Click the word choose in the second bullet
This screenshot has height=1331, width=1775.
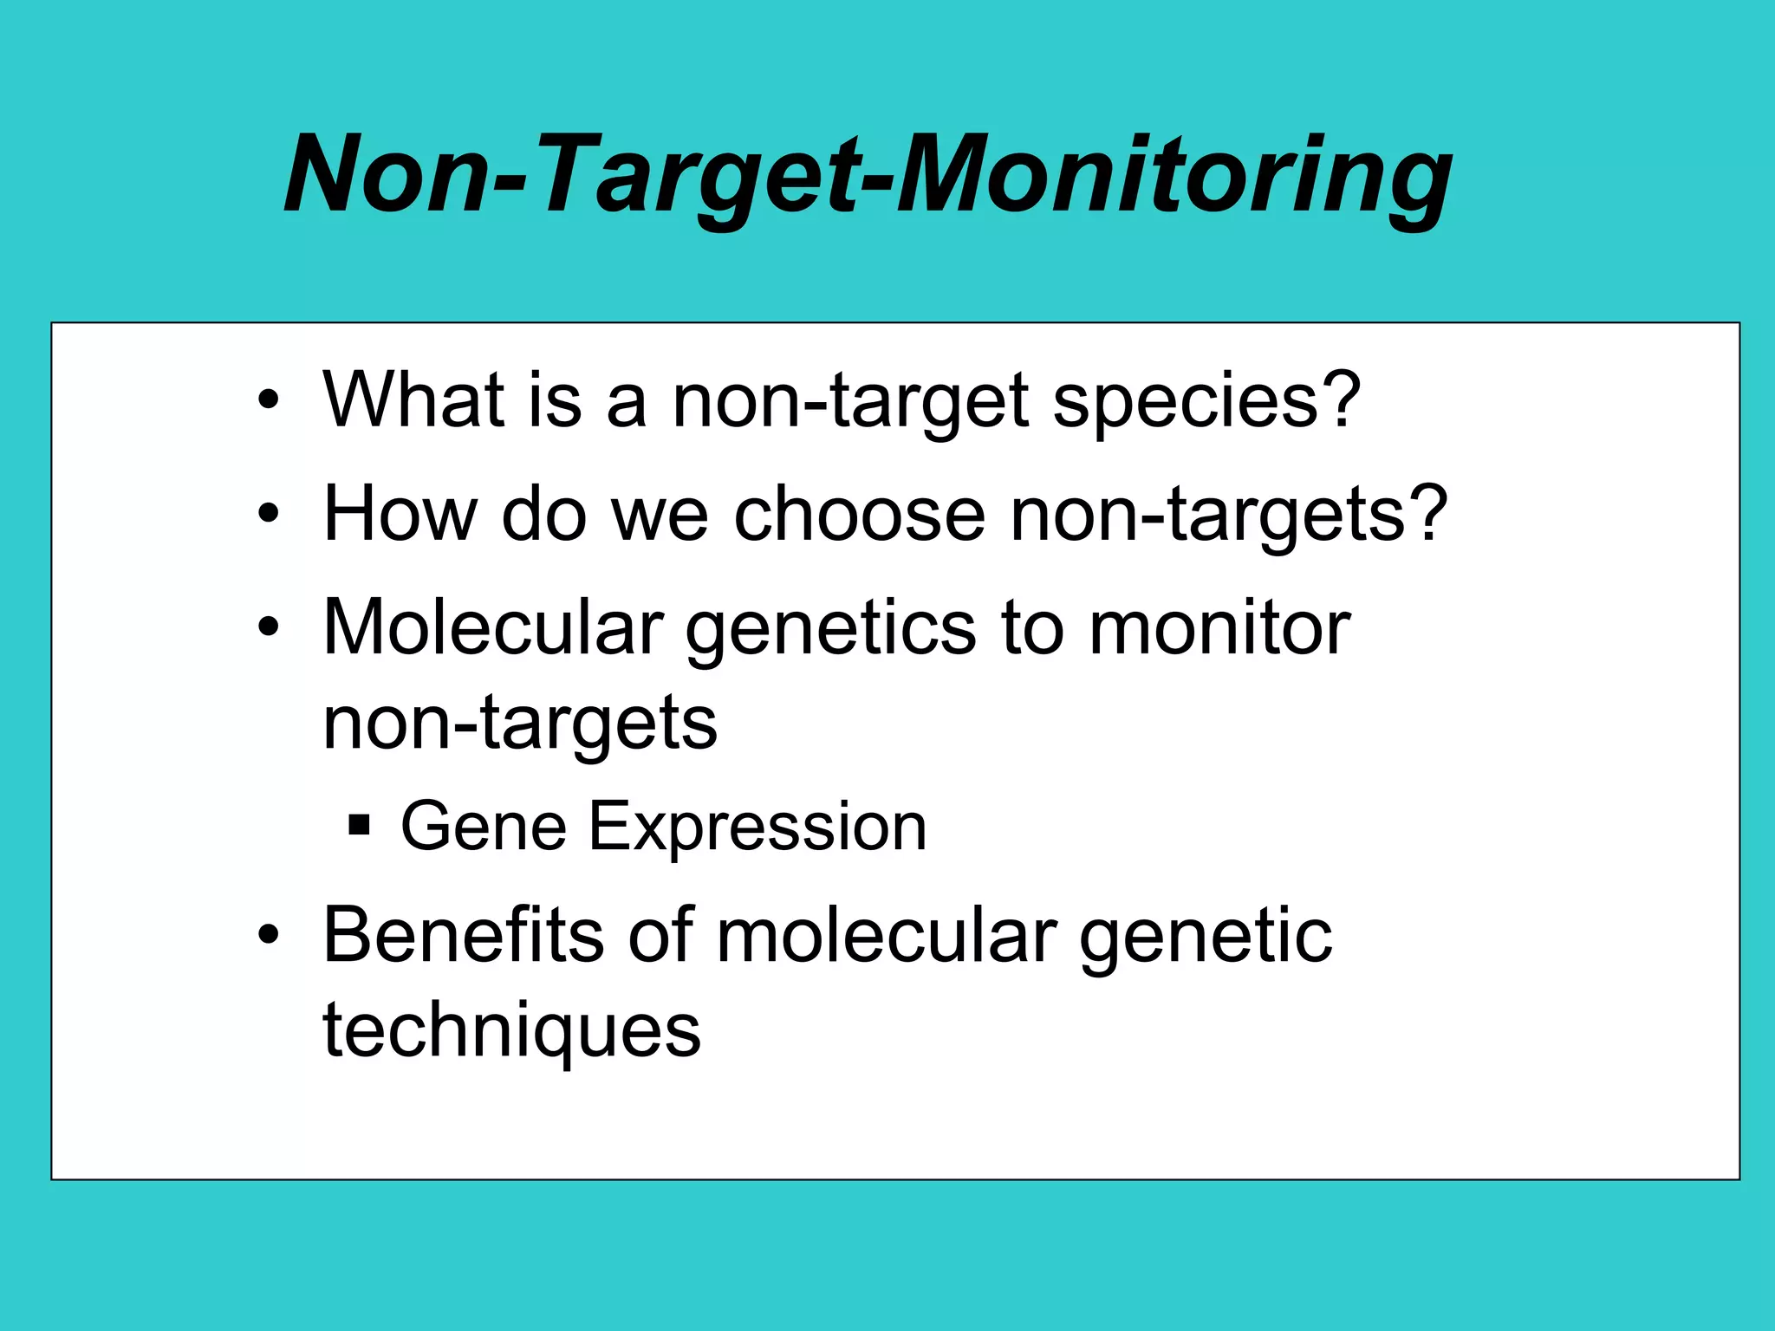click(859, 514)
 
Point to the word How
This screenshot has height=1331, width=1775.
click(400, 514)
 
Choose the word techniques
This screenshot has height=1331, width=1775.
click(511, 1031)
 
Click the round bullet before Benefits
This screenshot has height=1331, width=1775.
click(269, 936)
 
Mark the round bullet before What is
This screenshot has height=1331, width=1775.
click(269, 400)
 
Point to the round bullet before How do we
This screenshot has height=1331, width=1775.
click(269, 514)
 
